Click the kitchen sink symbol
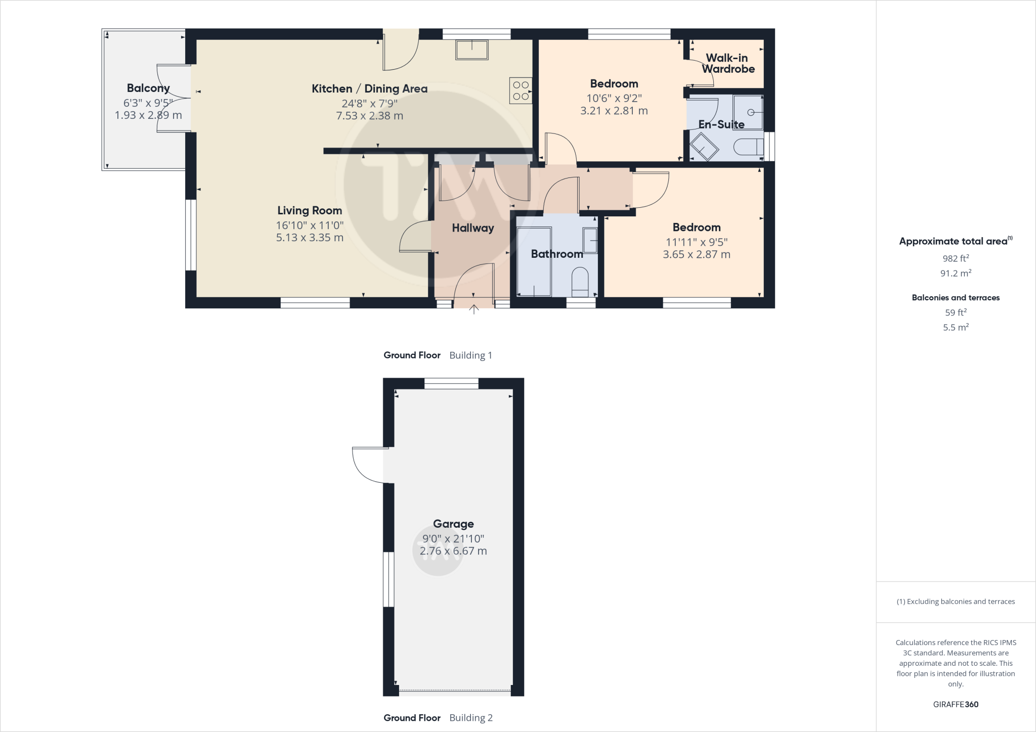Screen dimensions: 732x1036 pyautogui.click(x=472, y=50)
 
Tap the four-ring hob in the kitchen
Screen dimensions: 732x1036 pyautogui.click(x=521, y=90)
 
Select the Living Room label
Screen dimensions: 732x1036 pyautogui.click(x=310, y=210)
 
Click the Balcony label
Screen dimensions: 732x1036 pyautogui.click(x=148, y=88)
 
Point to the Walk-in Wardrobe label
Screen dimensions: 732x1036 pyautogui.click(x=727, y=64)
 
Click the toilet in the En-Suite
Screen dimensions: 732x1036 pyautogui.click(x=748, y=147)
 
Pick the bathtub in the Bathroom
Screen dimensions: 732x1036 pyautogui.click(x=534, y=261)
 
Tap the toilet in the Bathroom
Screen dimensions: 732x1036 pyautogui.click(x=580, y=282)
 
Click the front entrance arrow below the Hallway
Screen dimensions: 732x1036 pyautogui.click(x=473, y=309)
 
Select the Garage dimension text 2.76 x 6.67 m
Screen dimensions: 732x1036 pyautogui.click(x=453, y=551)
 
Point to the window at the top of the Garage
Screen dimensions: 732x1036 pyautogui.click(x=451, y=384)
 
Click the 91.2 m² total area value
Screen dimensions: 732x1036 pyautogui.click(x=956, y=273)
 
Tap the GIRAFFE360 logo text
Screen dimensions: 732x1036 pyautogui.click(x=956, y=704)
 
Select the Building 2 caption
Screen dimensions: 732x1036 pyautogui.click(x=470, y=718)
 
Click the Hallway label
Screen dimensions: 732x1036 pyautogui.click(x=472, y=228)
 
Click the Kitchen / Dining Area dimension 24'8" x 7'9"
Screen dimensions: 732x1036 pyautogui.click(x=369, y=103)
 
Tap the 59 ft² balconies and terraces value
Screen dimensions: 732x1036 pyautogui.click(x=956, y=312)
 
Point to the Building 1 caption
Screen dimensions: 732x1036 pyautogui.click(x=470, y=355)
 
